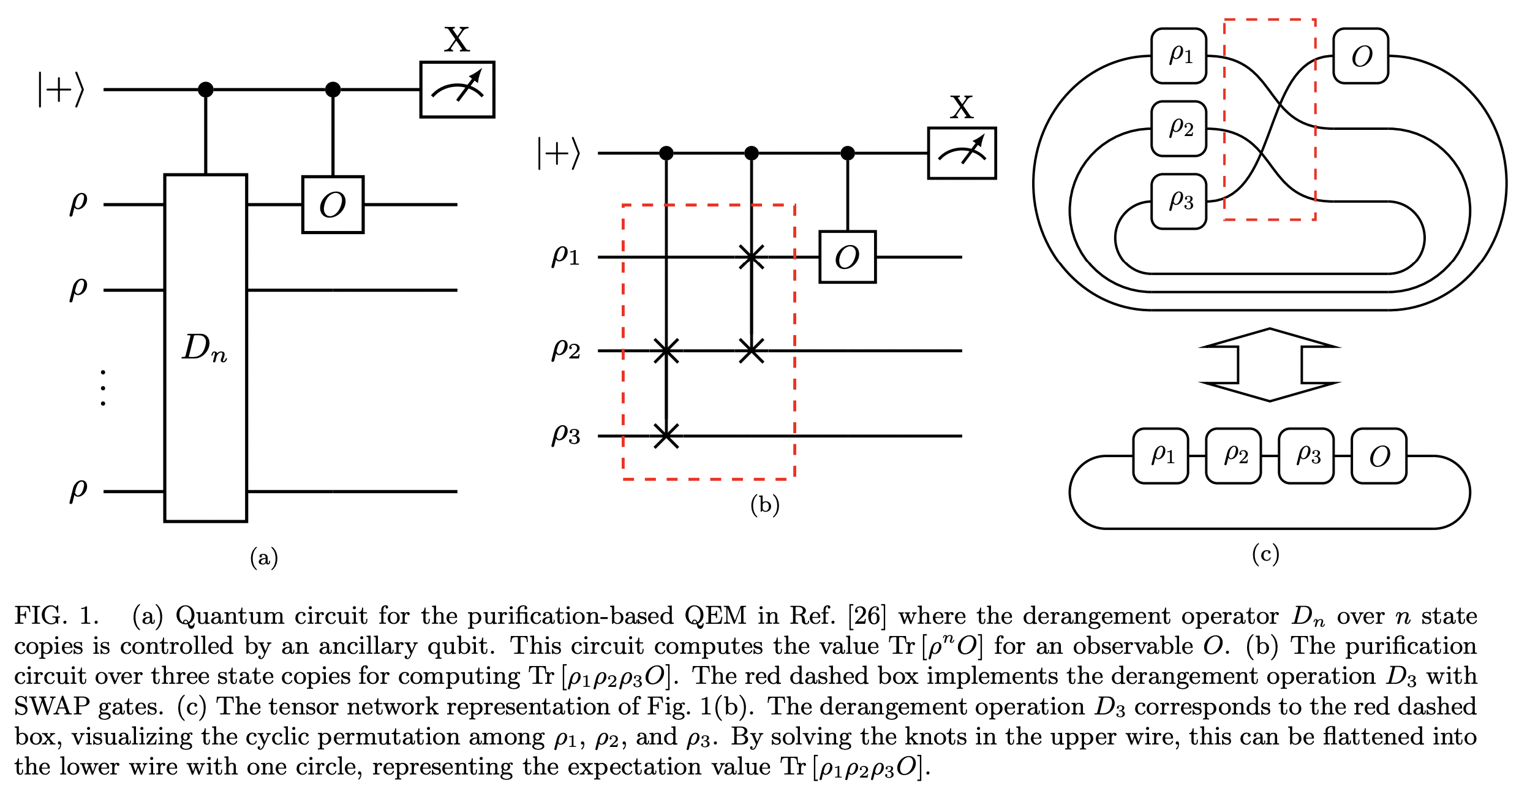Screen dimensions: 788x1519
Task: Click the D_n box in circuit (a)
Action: [205, 348]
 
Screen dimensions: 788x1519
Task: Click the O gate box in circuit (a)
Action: [333, 205]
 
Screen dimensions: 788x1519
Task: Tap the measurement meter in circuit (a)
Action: [457, 89]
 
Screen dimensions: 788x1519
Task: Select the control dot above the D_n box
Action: [206, 90]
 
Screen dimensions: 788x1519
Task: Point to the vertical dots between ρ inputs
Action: [103, 388]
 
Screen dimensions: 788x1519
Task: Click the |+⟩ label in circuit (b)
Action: [558, 153]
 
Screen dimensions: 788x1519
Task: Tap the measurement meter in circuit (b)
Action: [962, 153]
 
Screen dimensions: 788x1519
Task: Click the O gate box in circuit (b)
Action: [847, 257]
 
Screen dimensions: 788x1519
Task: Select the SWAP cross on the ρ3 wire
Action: [666, 436]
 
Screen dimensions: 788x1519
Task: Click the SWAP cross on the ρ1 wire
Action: [752, 257]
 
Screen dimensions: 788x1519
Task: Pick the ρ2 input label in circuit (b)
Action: [565, 350]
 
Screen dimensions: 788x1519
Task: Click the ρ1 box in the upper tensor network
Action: [1178, 56]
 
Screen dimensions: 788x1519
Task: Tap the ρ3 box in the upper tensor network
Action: [1178, 202]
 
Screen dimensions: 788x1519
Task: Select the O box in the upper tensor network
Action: [1360, 56]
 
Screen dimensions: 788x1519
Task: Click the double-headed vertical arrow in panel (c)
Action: [1270, 365]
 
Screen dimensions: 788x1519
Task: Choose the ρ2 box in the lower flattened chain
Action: [1233, 456]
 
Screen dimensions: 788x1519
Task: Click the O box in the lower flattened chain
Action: [1379, 456]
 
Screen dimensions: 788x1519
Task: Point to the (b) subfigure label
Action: [764, 504]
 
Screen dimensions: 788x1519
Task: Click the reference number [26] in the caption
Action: [867, 616]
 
